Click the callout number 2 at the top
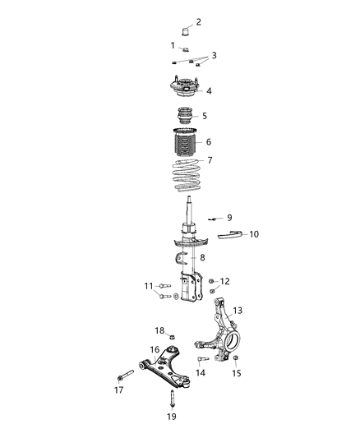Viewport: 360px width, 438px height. pyautogui.click(x=197, y=22)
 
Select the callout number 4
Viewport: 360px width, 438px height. pyautogui.click(x=209, y=91)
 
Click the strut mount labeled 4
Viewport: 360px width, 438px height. pyautogui.click(x=185, y=88)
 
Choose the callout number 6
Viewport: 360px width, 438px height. pyautogui.click(x=209, y=141)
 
